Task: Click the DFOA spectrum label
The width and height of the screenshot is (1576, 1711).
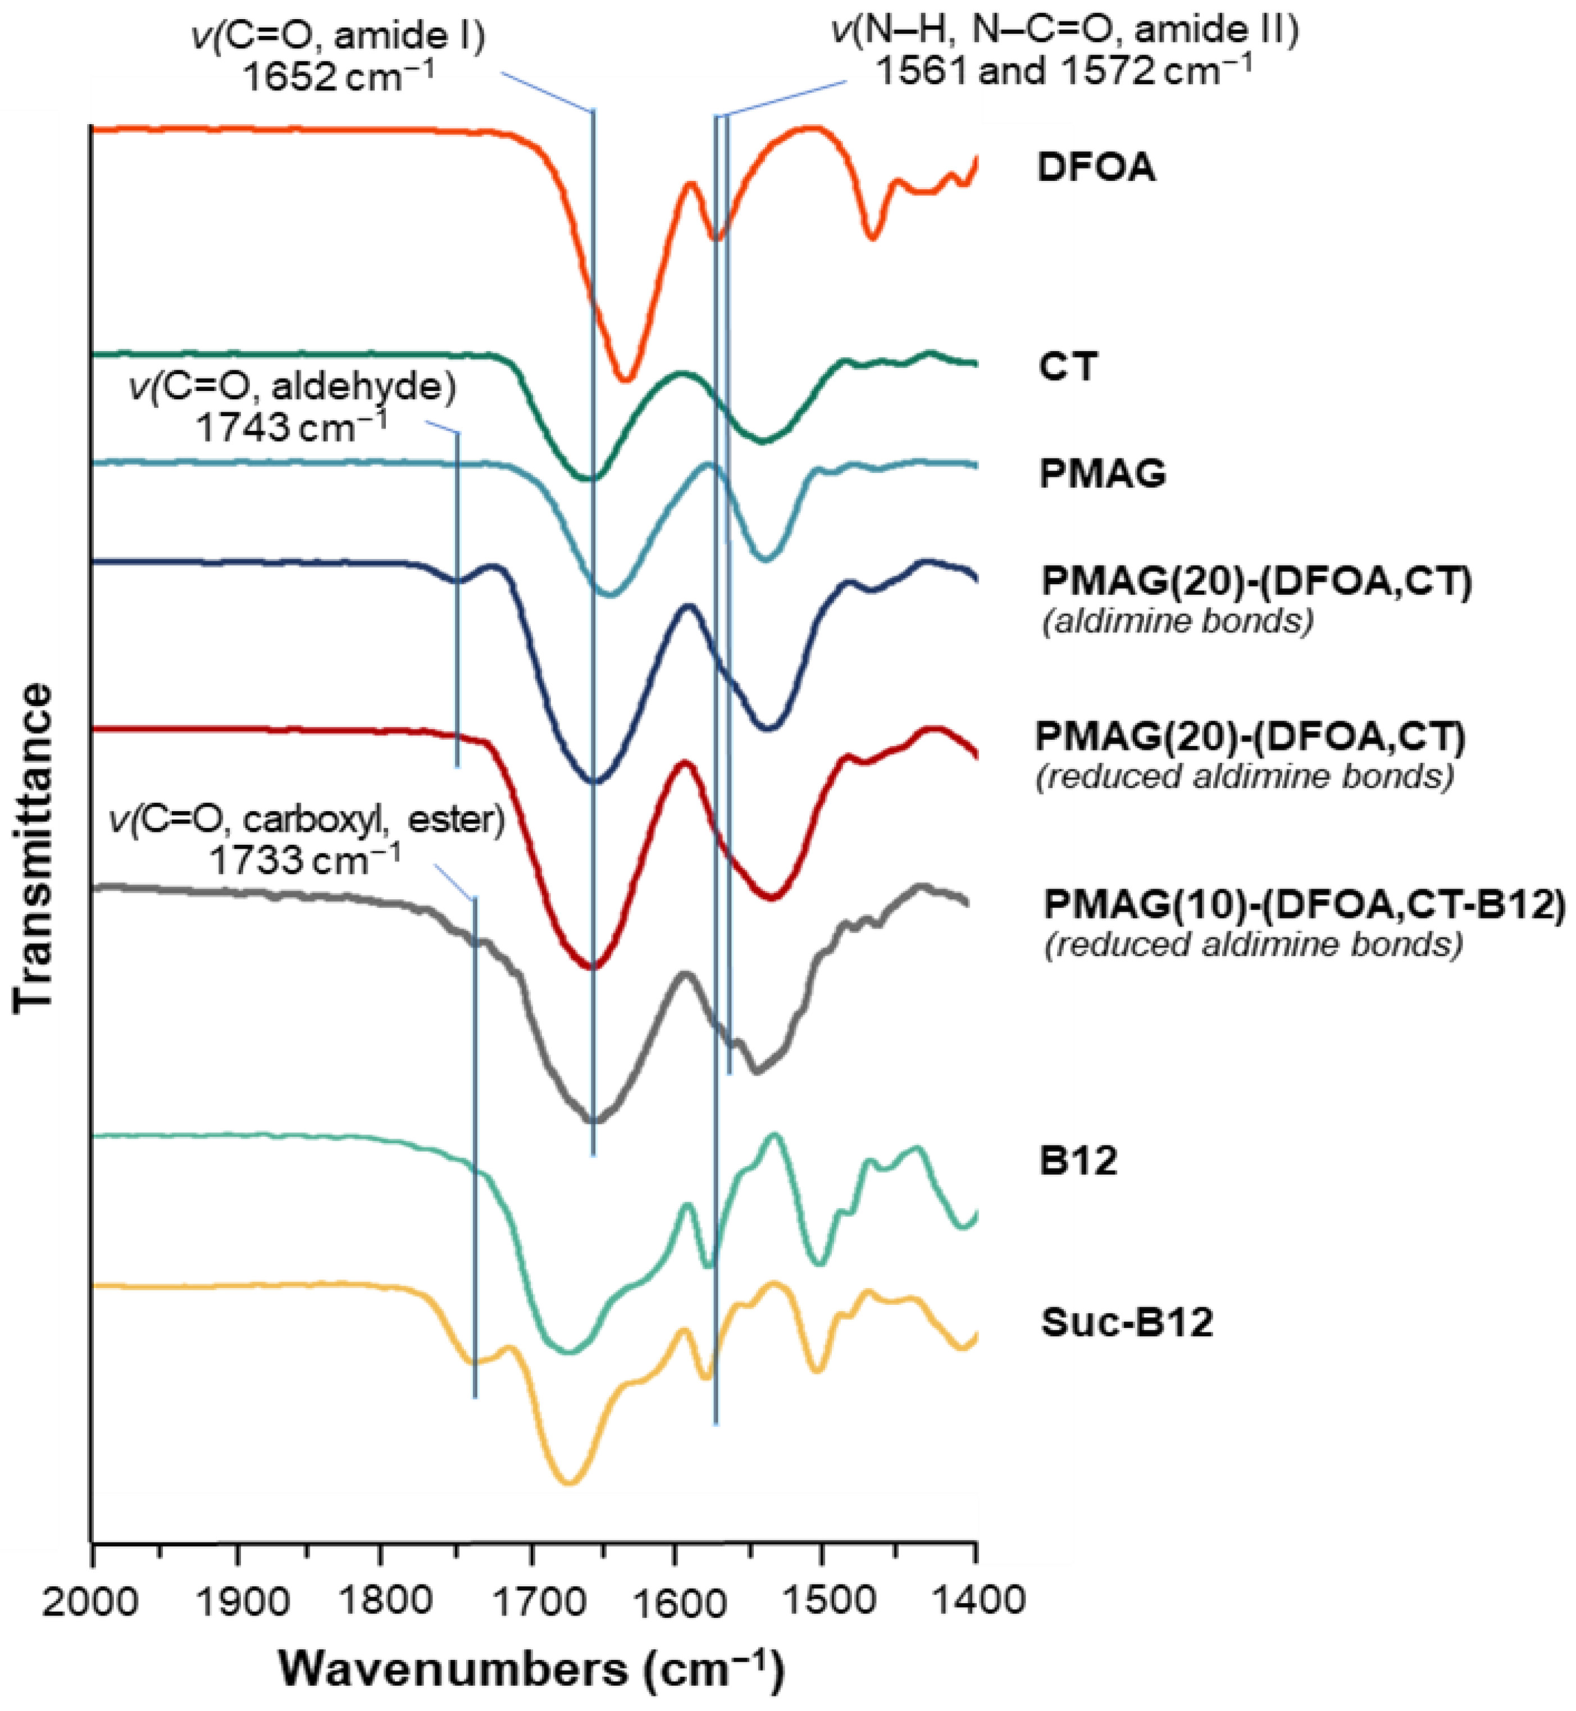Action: click(1096, 168)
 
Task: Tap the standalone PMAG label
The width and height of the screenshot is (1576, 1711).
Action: click(1103, 474)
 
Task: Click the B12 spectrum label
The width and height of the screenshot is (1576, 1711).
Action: click(1078, 1161)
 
